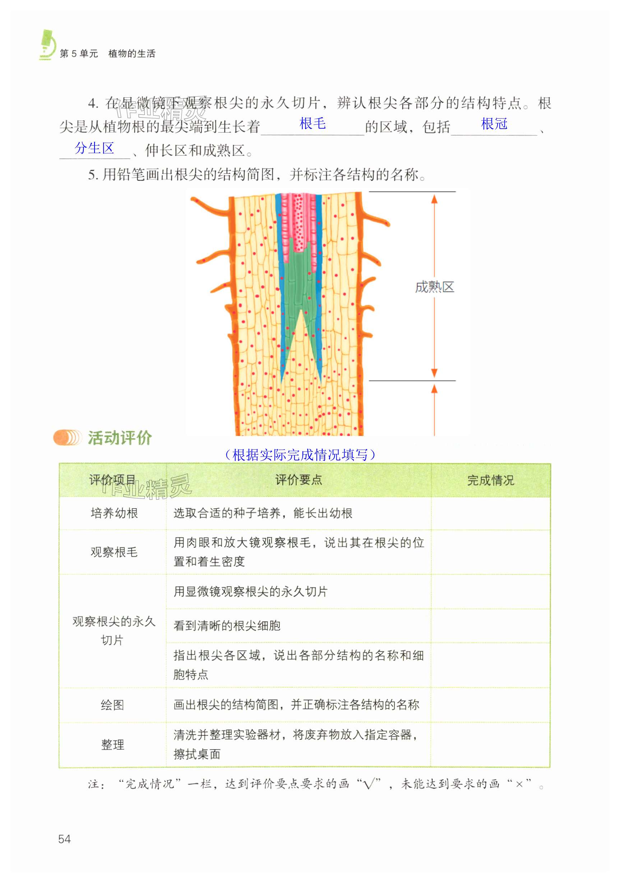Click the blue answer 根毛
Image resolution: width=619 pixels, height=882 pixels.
point(312,124)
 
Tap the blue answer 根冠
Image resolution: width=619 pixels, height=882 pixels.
point(494,124)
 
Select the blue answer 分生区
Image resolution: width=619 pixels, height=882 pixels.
point(94,148)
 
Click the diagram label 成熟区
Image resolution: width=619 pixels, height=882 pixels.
point(434,287)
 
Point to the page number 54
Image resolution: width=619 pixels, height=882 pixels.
point(65,839)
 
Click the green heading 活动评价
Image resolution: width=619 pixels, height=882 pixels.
point(120,437)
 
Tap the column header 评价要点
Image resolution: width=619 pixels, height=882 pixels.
point(299,480)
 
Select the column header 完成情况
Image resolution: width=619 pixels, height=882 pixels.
point(490,480)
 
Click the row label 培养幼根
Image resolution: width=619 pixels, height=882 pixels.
point(114,513)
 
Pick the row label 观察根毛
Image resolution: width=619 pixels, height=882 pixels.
point(114,552)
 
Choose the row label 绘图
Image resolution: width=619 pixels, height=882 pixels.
point(112,705)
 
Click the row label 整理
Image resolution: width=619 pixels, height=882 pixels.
point(112,745)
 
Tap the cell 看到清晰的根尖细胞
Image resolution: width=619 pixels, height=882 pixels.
point(227,626)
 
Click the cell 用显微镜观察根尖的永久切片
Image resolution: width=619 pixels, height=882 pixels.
point(250,592)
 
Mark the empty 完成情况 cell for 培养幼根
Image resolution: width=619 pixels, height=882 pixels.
point(490,513)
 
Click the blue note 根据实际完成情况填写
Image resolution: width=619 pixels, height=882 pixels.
point(300,455)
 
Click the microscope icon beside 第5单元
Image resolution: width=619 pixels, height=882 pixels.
point(48,45)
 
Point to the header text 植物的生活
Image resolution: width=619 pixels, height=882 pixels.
point(132,54)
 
